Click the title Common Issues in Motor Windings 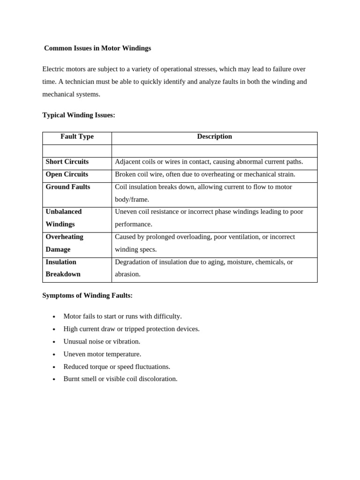tap(97, 48)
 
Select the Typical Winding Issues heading tap(79, 115)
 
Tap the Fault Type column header tap(77, 136)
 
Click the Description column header tap(214, 136)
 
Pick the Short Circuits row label tap(67, 162)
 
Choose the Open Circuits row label tap(67, 174)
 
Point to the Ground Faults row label tap(68, 187)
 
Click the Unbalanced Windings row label tap(64, 218)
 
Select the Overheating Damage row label tap(64, 243)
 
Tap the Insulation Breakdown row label tap(63, 268)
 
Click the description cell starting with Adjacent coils tap(209, 162)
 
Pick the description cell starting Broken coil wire tap(205, 174)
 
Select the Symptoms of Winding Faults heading tap(87, 295)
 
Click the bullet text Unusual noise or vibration tap(102, 341)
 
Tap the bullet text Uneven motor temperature tap(102, 354)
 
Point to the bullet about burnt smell tap(120, 379)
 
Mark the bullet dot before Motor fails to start tap(54, 317)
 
